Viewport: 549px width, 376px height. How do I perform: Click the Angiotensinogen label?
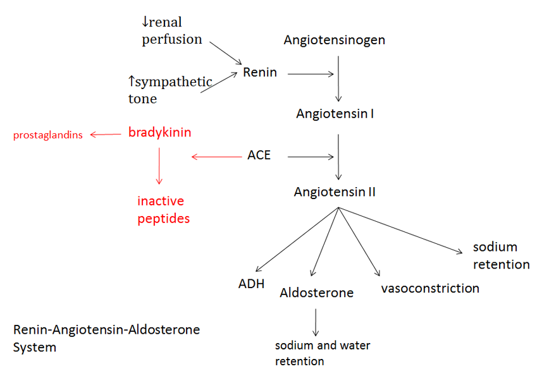pyautogui.click(x=334, y=40)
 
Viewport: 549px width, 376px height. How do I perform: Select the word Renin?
pyautogui.click(x=259, y=72)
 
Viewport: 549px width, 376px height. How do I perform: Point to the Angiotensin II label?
pyautogui.click(x=335, y=191)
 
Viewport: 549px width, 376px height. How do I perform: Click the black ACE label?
pyautogui.click(x=259, y=155)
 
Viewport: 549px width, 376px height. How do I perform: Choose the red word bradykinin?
pyautogui.click(x=159, y=133)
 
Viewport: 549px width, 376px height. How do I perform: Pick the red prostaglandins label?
pyautogui.click(x=48, y=135)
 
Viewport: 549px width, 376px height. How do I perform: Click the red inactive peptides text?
pyautogui.click(x=164, y=210)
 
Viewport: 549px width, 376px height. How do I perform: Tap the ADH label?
pyautogui.click(x=251, y=283)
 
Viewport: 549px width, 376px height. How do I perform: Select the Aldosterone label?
pyautogui.click(x=316, y=293)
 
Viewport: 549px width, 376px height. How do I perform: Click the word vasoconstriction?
pyautogui.click(x=430, y=288)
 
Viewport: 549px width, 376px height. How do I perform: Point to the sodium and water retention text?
pyautogui.click(x=322, y=353)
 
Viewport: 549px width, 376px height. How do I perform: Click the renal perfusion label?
pyautogui.click(x=171, y=31)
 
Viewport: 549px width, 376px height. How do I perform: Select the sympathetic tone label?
pyautogui.click(x=170, y=90)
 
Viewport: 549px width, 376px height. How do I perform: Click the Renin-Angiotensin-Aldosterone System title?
pyautogui.click(x=106, y=338)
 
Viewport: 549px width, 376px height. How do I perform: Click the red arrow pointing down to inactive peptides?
pyautogui.click(x=159, y=166)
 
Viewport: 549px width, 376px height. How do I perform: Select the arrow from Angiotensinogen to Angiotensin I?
pyautogui.click(x=339, y=79)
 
